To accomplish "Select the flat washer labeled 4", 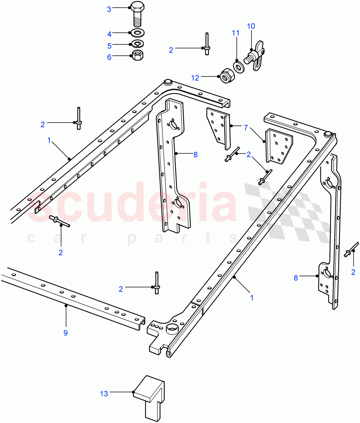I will coord(137,34).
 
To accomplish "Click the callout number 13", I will coord(104,393).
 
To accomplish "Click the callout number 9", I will coord(66,332).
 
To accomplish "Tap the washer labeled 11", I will coord(239,66).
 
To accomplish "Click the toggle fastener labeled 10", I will coord(254,56).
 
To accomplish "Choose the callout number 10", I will coord(251,26).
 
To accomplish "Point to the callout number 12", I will coord(195,78).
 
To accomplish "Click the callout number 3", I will coord(109,9).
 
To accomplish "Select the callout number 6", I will coord(109,57).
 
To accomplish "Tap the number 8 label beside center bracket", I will coord(195,154).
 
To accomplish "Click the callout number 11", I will coord(235,33).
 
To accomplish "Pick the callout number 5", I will coord(109,46).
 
